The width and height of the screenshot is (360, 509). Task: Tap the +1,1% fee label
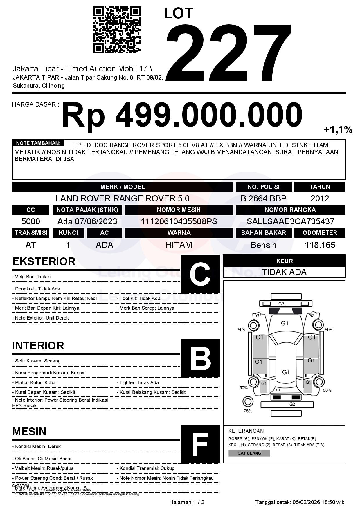coord(338,129)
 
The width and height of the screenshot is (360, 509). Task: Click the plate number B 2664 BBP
coord(263,198)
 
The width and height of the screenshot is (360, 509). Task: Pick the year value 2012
coord(320,198)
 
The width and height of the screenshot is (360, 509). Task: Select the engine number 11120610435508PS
coord(179,221)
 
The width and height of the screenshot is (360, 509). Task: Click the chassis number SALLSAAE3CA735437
coord(290,221)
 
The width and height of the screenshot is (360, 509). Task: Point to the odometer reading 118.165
coord(320,245)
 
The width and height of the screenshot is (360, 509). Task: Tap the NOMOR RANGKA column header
coord(290,210)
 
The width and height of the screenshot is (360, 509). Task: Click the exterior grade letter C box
coord(200,274)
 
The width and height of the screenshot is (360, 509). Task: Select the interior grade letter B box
coord(200,358)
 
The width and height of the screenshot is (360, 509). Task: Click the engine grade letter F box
coord(200,444)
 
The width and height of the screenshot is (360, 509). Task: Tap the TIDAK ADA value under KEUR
coord(284,272)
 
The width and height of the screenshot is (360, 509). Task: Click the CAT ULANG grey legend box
coord(249,453)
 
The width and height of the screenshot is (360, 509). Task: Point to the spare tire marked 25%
coord(248,402)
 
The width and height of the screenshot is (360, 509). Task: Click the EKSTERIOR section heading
coord(44,261)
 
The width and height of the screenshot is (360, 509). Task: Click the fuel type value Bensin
coord(263,245)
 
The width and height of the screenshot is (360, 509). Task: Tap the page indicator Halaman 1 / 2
coord(187,502)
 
